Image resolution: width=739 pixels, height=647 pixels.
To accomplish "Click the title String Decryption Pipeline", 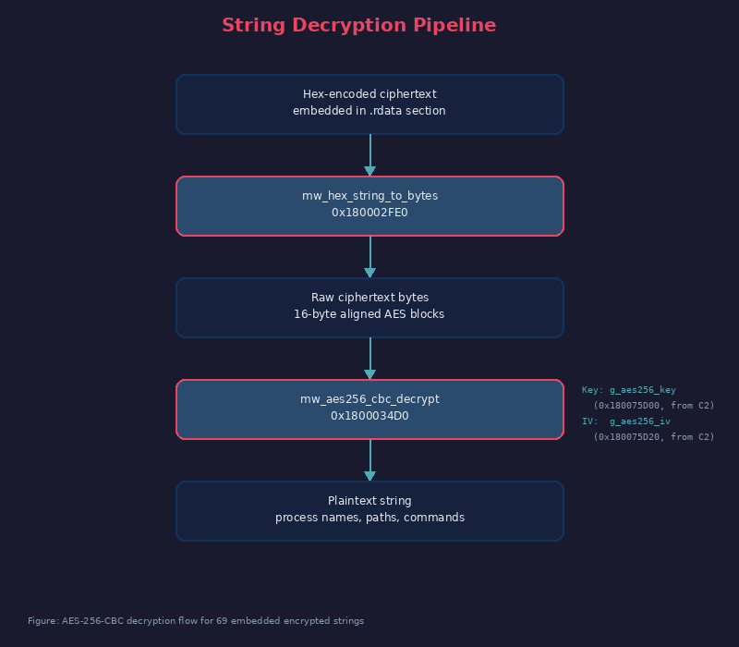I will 358,26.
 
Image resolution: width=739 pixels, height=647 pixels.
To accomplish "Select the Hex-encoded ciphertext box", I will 369,104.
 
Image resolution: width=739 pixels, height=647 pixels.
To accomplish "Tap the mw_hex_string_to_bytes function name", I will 369,196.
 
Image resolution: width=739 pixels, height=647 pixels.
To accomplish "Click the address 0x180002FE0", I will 369,213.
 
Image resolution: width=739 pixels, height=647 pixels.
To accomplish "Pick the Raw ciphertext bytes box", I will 369,307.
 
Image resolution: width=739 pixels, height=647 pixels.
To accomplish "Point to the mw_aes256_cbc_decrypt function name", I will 369,399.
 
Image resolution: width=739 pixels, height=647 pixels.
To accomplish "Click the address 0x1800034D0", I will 369,416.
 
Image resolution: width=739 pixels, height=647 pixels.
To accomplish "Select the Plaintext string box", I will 369,510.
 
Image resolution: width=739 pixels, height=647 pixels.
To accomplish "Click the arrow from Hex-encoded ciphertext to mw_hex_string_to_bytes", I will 369,154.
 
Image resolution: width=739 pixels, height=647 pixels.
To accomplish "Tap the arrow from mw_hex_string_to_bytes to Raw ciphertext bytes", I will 369,256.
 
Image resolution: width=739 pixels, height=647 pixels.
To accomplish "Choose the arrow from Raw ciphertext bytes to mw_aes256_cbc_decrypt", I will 369,358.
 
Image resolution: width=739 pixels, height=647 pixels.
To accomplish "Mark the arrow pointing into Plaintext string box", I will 369,459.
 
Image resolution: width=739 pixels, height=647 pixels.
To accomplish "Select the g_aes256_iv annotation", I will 639,421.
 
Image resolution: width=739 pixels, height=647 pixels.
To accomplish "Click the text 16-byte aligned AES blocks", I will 369,314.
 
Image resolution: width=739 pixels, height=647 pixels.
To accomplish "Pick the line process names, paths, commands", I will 369,518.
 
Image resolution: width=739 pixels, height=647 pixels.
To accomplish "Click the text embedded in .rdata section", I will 369,111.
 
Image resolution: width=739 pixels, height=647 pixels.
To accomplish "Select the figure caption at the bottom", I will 196,621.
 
